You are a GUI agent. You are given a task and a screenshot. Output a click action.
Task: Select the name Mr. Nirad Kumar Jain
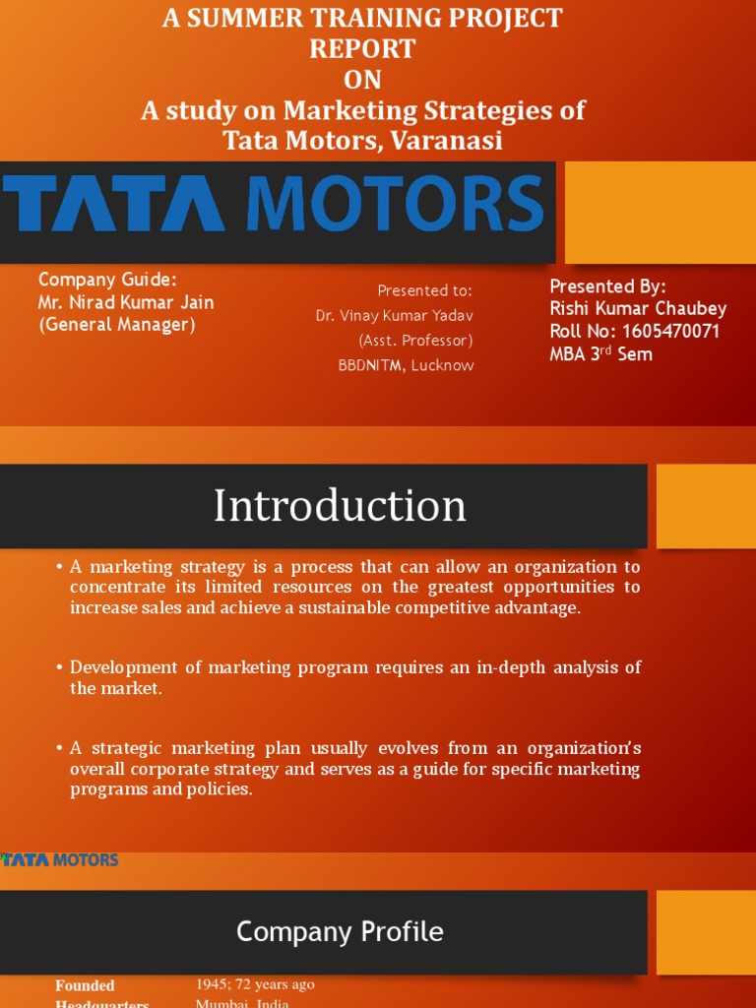coord(126,302)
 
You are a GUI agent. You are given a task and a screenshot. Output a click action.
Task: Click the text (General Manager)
coord(117,325)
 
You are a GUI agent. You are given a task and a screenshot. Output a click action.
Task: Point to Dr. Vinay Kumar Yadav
coord(394,316)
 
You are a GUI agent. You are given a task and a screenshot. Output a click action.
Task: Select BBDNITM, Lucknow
coord(406,365)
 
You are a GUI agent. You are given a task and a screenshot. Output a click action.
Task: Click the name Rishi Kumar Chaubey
coord(638,309)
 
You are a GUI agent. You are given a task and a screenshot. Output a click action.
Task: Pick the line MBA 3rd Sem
coord(600,354)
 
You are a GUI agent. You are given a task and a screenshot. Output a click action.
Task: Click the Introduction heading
coord(340,506)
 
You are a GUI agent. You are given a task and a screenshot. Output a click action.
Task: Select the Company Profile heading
coord(340,931)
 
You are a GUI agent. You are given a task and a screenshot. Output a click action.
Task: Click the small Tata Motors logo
coord(59,859)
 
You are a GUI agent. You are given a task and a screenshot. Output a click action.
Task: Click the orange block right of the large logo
coord(661,214)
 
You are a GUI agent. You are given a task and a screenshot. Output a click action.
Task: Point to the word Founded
coord(85,985)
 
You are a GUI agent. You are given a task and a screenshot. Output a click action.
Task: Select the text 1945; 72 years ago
coord(255,984)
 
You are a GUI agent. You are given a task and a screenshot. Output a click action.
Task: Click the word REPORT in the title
coord(362,48)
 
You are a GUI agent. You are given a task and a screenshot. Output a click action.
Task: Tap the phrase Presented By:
coord(607,286)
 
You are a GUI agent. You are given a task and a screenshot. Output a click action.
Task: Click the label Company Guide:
coord(107,280)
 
